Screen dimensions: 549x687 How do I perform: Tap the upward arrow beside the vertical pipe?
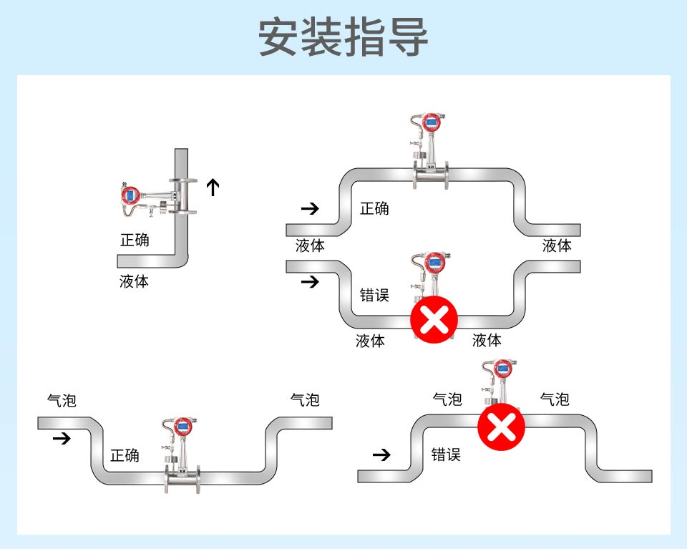pos(213,188)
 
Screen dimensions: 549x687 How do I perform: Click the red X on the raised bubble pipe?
pos(502,427)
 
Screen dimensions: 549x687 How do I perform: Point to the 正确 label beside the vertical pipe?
pos(135,240)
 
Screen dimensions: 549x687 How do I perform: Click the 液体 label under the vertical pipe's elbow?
pos(135,281)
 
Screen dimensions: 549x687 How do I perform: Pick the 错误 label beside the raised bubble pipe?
pos(446,455)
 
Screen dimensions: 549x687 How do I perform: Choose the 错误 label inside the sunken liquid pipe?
pos(374,295)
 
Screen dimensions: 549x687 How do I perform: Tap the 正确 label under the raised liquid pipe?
pos(374,208)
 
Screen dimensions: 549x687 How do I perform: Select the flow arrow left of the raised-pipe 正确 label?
pos(310,208)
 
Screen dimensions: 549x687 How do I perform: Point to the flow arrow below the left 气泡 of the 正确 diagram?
pos(62,438)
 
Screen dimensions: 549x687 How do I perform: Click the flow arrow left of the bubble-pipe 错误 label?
pos(383,455)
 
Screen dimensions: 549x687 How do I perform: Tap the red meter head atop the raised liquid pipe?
pos(432,122)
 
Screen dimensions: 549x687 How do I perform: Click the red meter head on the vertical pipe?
pos(130,194)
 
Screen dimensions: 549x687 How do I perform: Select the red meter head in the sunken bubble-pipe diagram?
pos(182,427)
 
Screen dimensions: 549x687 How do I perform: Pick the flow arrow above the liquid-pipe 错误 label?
pos(310,281)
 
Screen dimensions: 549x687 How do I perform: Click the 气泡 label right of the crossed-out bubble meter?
pos(555,399)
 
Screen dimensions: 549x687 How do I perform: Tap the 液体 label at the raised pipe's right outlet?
pos(557,246)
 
